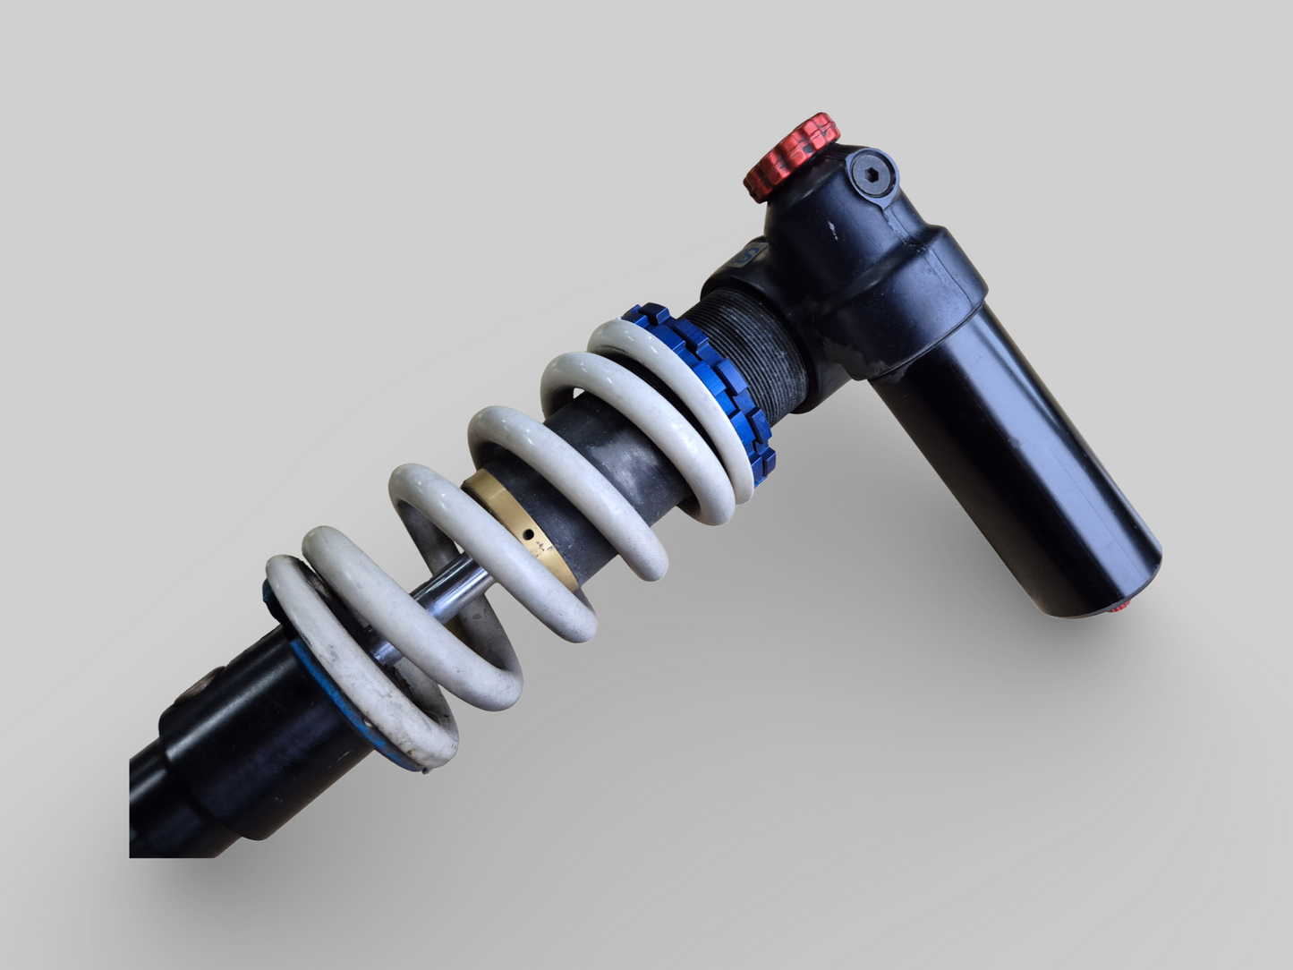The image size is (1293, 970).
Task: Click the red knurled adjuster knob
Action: pyautogui.click(x=790, y=157)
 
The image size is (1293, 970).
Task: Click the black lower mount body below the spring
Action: pyautogui.click(x=242, y=752)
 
